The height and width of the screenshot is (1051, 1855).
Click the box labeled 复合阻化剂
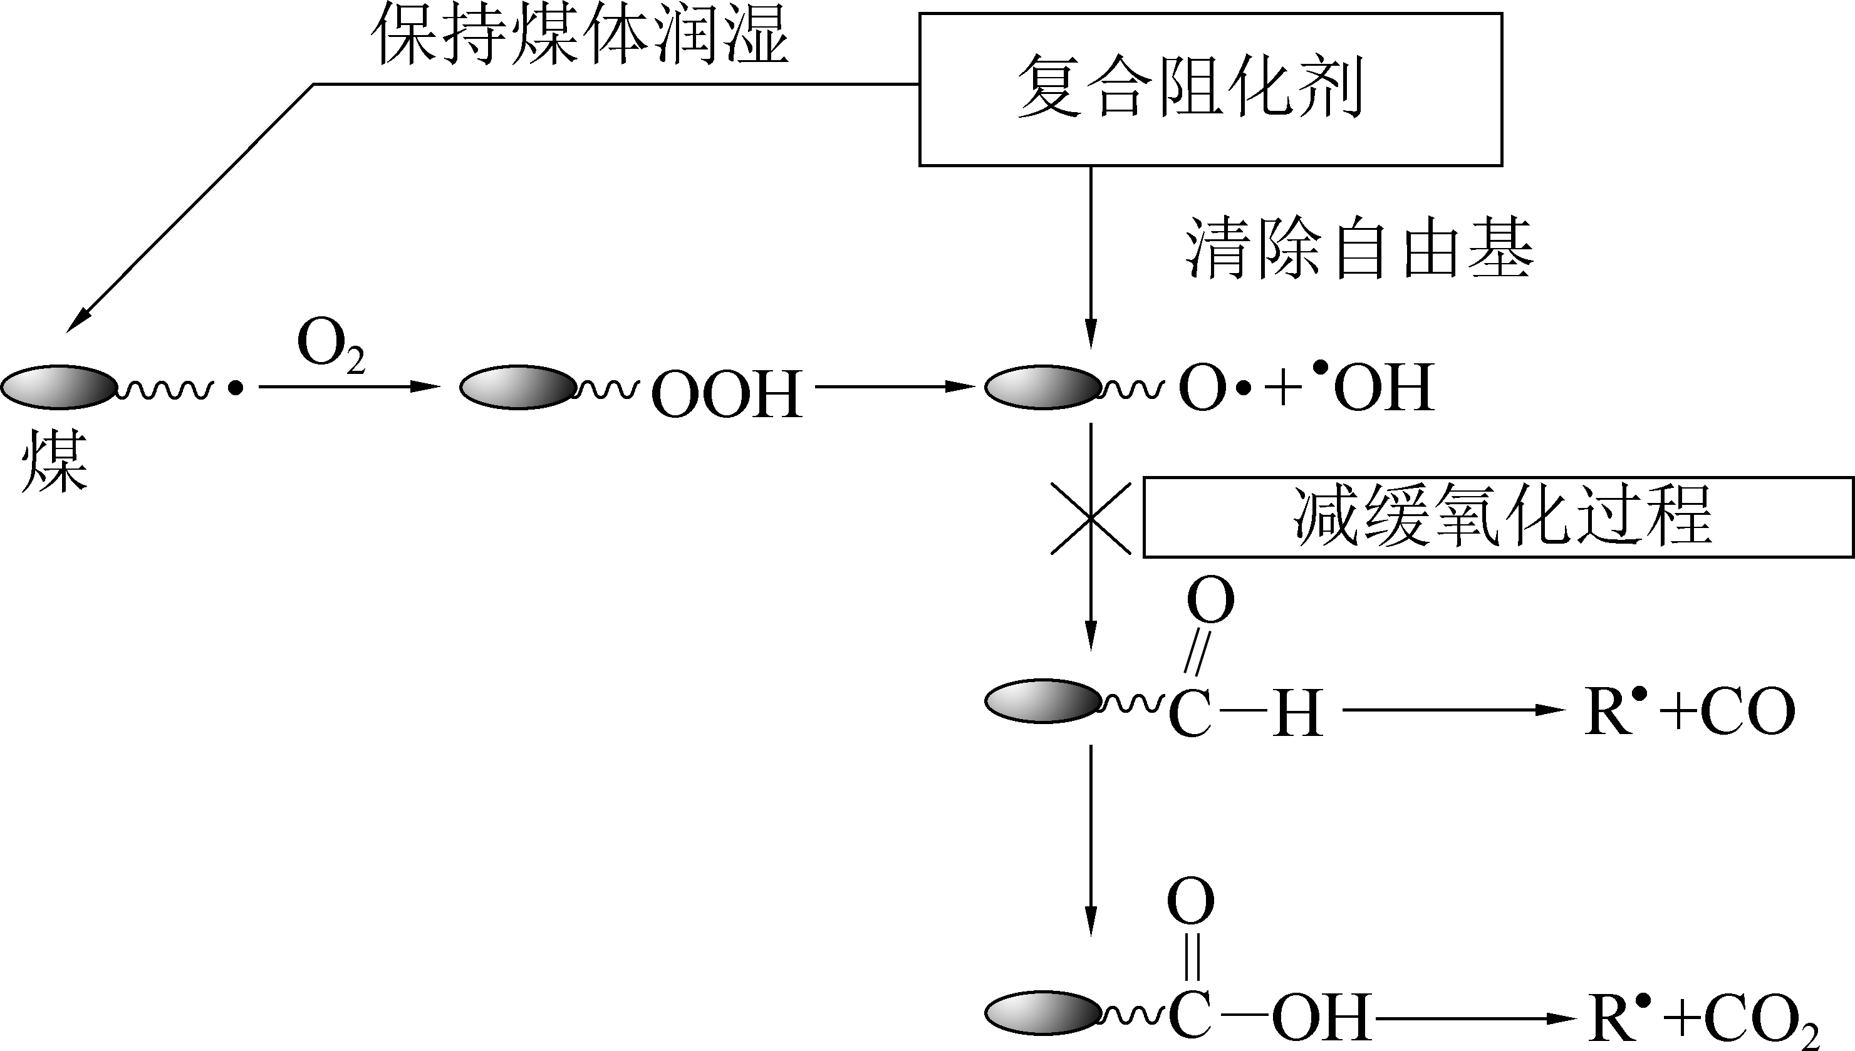1210,90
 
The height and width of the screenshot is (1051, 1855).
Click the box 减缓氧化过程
1499,517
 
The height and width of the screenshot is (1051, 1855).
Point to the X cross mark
1091,518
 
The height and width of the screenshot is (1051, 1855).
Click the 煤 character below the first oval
54,462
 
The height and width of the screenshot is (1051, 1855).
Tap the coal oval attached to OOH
518,388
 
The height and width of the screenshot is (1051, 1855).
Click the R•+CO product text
1689,712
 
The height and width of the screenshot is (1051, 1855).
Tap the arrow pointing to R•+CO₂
1472,1018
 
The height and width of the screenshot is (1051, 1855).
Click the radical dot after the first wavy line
236,388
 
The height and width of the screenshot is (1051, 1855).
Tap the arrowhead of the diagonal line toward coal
76,321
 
